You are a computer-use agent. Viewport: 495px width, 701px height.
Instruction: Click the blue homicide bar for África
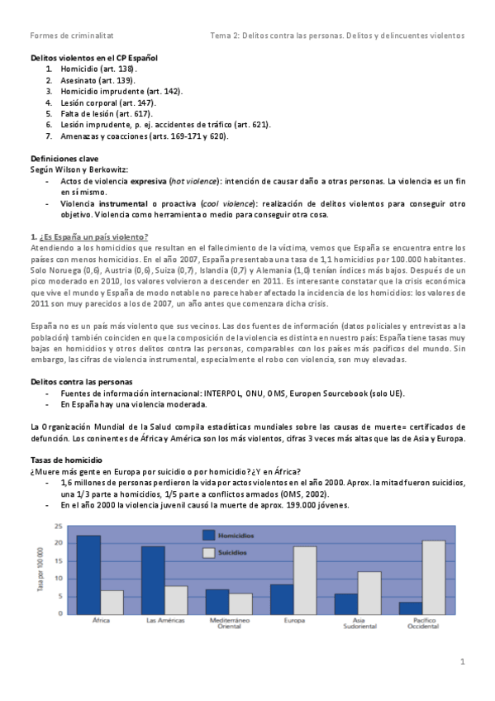point(88,564)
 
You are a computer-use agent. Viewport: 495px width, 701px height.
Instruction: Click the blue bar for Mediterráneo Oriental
point(217,601)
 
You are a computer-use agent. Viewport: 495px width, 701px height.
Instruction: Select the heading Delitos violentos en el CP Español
point(93,59)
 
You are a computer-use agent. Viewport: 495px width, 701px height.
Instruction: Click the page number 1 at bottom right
point(463,661)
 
